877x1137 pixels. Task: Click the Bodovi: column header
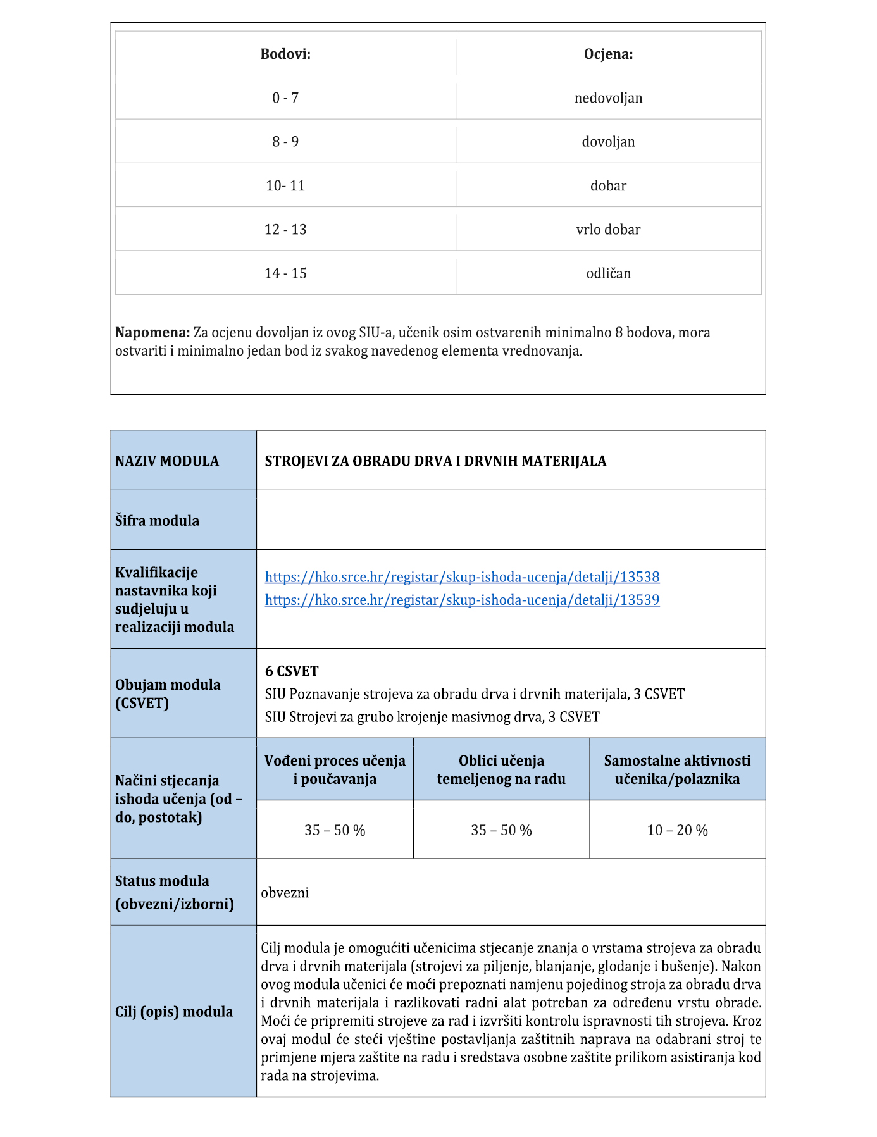tap(285, 54)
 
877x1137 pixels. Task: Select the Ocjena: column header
tap(608, 54)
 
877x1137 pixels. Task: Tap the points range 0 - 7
tap(285, 98)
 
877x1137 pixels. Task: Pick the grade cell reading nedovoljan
tap(608, 98)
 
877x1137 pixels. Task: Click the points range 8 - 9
tap(285, 142)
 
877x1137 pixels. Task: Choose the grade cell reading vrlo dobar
tap(608, 230)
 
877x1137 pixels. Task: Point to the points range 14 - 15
tap(285, 273)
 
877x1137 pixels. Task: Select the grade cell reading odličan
tap(608, 273)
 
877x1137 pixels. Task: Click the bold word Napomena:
tap(152, 333)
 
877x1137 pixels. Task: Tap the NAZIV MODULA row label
tap(167, 461)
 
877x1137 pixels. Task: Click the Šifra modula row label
tap(157, 521)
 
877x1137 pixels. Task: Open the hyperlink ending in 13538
tap(462, 577)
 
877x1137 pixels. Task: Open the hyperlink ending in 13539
tap(462, 600)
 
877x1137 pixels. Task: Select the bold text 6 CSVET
tap(292, 671)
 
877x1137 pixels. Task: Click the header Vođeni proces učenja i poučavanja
tap(335, 769)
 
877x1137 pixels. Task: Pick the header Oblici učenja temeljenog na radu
tap(501, 769)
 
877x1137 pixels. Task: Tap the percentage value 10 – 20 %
tap(677, 830)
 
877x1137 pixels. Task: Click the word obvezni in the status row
tap(285, 893)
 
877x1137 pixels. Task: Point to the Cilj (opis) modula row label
tap(174, 1012)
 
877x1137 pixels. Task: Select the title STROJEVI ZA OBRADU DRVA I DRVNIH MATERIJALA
tap(435, 461)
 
